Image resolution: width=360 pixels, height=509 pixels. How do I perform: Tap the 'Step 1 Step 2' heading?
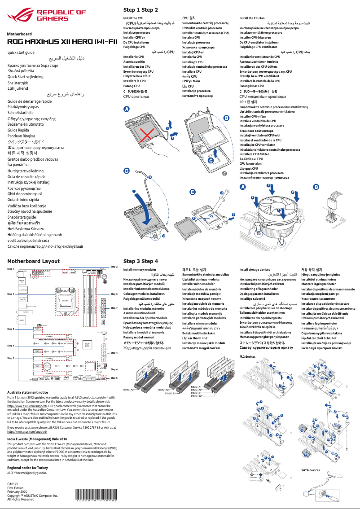coord(140,9)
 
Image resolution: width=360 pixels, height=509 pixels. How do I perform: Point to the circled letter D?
coord(127,171)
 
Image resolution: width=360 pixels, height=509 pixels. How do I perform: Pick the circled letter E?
coord(193,192)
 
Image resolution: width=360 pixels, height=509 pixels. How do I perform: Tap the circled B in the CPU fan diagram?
coord(316,187)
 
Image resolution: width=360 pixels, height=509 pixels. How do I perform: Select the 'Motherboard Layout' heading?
coord(33,261)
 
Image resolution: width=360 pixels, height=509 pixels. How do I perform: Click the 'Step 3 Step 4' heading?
coord(140,261)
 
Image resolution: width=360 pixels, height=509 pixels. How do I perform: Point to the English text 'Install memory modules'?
coord(140,270)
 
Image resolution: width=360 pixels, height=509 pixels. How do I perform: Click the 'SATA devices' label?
coord(310,470)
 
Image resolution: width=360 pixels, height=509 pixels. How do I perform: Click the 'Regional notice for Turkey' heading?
coord(31,468)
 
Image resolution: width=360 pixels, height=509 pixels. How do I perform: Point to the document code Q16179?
coord(13,483)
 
